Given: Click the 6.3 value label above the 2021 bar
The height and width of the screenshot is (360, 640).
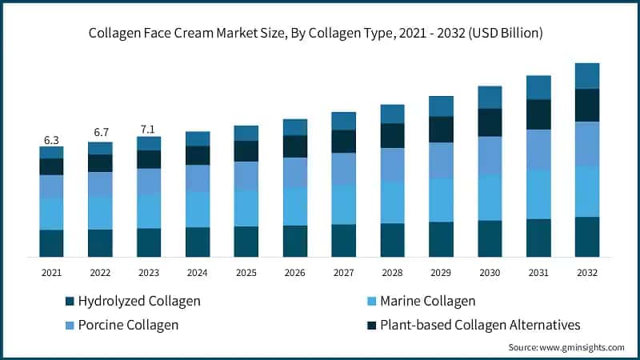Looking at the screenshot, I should tap(51, 140).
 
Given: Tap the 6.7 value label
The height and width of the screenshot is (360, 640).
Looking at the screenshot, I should tap(100, 132).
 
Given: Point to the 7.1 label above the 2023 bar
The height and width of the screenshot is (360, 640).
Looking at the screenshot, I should tap(149, 129).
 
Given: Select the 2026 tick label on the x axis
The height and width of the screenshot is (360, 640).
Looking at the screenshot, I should tap(295, 273).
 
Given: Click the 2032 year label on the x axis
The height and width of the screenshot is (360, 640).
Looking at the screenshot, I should tap(587, 273).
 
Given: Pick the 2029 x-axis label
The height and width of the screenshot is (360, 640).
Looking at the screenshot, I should tap(441, 273).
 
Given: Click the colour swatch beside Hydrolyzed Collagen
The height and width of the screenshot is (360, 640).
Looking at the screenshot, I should tap(70, 302).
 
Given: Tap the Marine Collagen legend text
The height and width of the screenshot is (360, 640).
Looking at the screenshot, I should tap(427, 301).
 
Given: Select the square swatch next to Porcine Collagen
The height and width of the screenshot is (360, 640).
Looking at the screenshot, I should tap(70, 326).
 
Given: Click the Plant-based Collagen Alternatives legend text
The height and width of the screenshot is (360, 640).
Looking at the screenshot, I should tap(480, 325).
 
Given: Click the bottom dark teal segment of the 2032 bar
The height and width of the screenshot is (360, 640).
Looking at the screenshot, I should tap(587, 236).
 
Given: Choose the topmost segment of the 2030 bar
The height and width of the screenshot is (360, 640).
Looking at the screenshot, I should tap(490, 97).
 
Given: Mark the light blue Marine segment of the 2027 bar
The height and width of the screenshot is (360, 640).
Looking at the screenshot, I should tap(344, 204).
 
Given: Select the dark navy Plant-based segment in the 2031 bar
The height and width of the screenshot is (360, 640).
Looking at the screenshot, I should tap(538, 114).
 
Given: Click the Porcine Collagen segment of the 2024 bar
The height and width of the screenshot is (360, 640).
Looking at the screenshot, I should tap(198, 178).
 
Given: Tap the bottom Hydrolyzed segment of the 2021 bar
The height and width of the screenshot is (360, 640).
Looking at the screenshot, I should tap(51, 242).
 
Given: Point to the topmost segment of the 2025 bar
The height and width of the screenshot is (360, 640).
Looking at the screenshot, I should tap(246, 133).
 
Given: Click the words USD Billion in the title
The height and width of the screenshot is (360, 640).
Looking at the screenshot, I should tap(502, 33).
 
